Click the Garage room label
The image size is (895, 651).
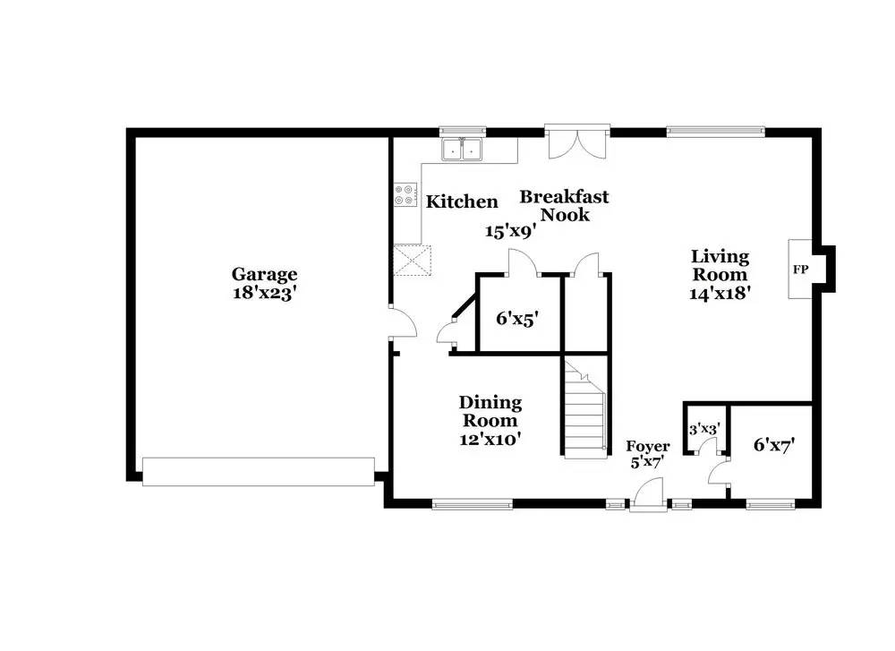coord(265,274)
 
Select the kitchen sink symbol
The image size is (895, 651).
coord(463,150)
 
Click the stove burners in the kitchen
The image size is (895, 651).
coord(405,195)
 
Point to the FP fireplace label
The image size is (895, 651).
coord(799,269)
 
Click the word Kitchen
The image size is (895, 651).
coord(462,202)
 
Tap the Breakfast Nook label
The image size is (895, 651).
coord(565,205)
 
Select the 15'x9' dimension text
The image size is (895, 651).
coord(510,231)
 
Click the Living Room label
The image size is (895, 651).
coord(719,266)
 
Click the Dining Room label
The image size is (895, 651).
coord(490,412)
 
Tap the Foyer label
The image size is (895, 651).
coord(647,446)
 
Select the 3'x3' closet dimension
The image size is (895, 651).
coord(704,429)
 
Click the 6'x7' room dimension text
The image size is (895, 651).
coord(773,443)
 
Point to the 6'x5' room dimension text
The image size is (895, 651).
coord(517,317)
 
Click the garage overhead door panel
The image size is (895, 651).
coord(258,472)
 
